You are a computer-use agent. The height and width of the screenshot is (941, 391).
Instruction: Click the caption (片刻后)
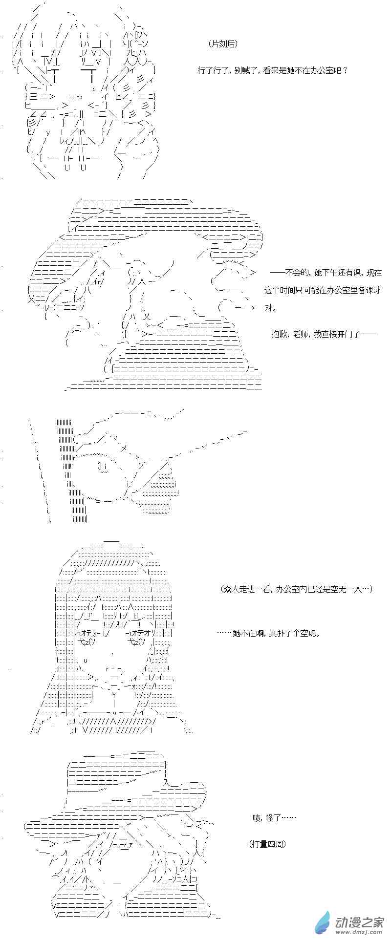coord(222,44)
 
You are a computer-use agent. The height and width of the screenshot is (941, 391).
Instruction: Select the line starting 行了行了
coord(273,70)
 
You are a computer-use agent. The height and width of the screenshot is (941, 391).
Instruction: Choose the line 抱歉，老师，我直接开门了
coord(324,334)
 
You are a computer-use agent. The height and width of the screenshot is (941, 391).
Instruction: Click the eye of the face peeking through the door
coord(103,467)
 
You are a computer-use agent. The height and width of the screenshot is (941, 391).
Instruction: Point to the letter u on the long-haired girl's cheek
coord(86,660)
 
